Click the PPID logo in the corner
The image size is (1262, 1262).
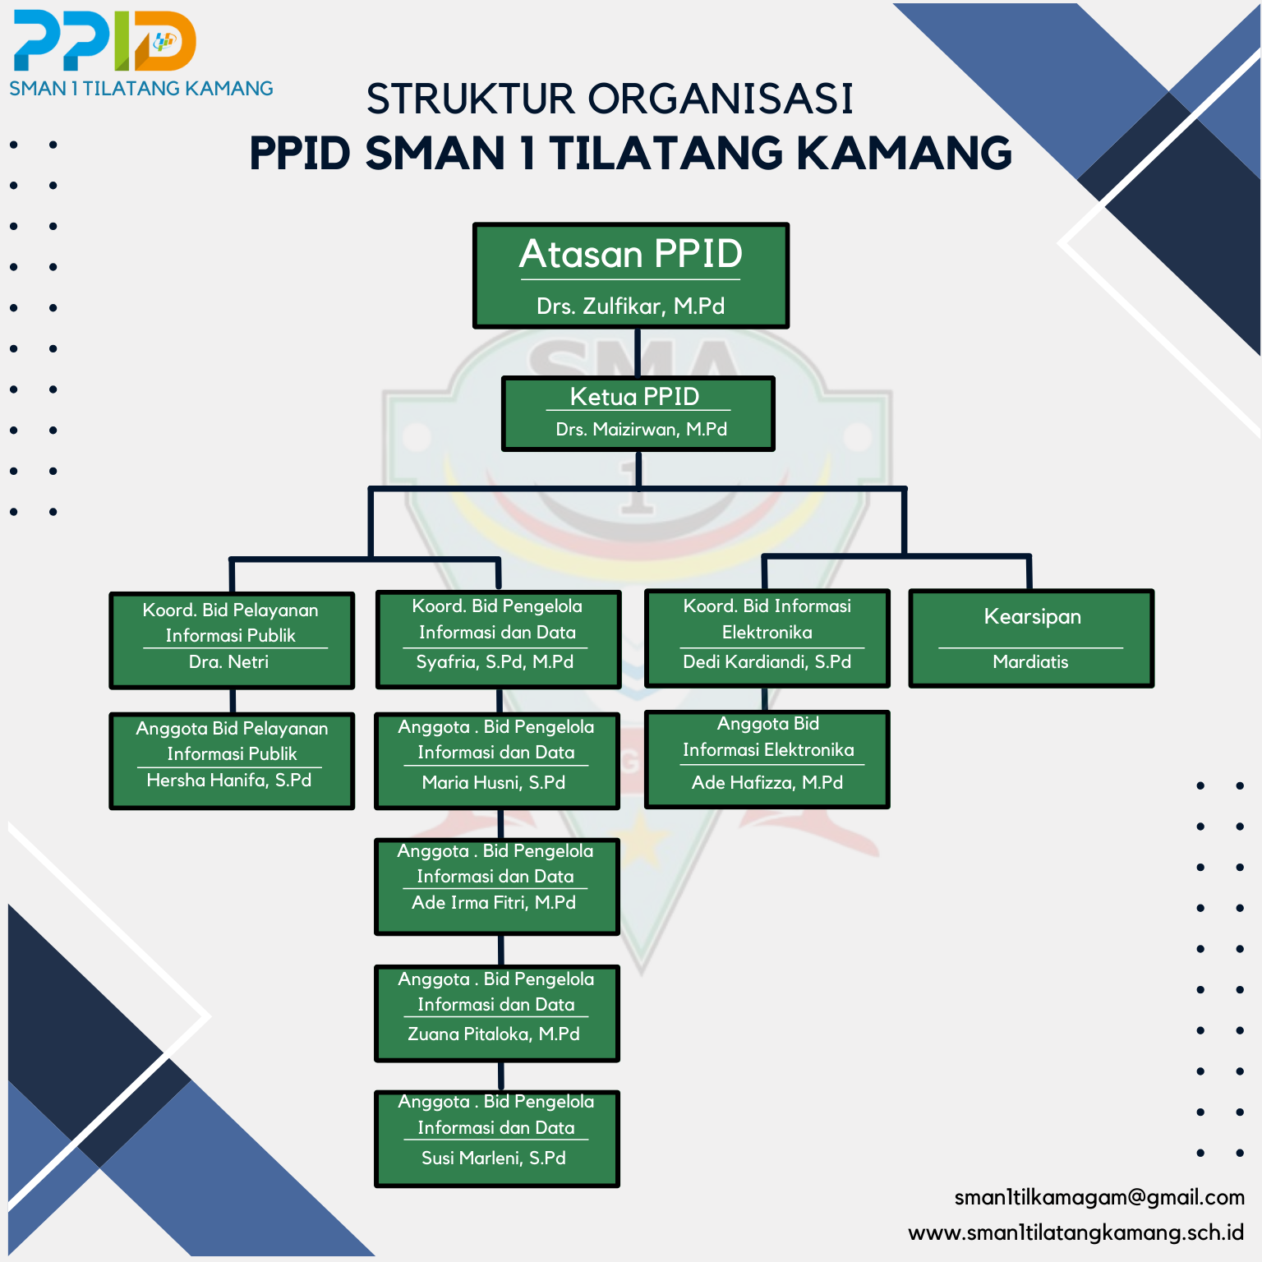pyautogui.click(x=105, y=40)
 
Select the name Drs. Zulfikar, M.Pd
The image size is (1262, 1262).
pyautogui.click(x=631, y=306)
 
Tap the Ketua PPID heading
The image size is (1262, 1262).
pyautogui.click(x=635, y=397)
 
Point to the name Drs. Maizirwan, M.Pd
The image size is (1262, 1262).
pyautogui.click(x=642, y=429)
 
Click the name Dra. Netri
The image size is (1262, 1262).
pyautogui.click(x=228, y=661)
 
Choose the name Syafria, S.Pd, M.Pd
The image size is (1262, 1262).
pyautogui.click(x=495, y=661)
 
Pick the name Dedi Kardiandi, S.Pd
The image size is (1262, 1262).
pyautogui.click(x=767, y=661)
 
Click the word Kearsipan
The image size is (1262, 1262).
pyautogui.click(x=1033, y=617)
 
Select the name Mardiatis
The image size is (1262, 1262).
pyautogui.click(x=1030, y=661)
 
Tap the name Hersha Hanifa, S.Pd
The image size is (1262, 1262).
pyautogui.click(x=229, y=780)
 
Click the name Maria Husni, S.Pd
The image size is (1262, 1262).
pyautogui.click(x=494, y=782)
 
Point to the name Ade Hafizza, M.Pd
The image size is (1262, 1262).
pyautogui.click(x=767, y=782)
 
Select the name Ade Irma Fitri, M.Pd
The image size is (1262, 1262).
pyautogui.click(x=494, y=902)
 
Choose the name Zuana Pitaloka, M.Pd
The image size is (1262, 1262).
pyautogui.click(x=494, y=1034)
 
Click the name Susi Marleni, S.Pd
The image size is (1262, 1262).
pyautogui.click(x=494, y=1158)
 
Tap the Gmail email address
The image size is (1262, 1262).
pyautogui.click(x=1099, y=1198)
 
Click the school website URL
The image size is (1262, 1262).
pyautogui.click(x=1076, y=1233)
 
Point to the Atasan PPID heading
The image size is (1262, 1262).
pyautogui.click(x=631, y=254)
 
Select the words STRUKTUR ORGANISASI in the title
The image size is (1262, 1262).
pyautogui.click(x=610, y=99)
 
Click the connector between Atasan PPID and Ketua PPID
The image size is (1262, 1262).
pyautogui.click(x=638, y=352)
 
